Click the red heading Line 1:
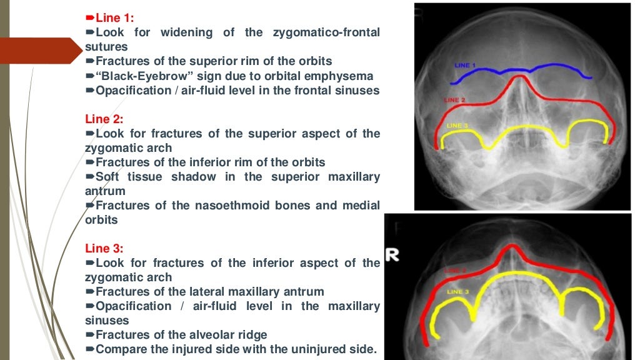(x=114, y=17)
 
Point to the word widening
(x=187, y=32)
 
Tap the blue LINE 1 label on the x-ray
(x=464, y=66)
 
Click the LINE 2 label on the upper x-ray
(x=454, y=100)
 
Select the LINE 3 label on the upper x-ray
(x=457, y=126)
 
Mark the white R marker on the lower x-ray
(x=392, y=255)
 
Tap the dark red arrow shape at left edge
(x=41, y=51)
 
